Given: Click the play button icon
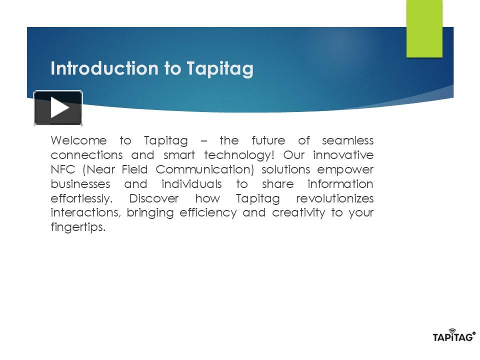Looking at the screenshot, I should tap(58, 108).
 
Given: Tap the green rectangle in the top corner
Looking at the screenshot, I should tap(424, 28).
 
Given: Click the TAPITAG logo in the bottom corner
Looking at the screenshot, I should tap(453, 336).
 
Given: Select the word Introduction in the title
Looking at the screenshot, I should tap(105, 68).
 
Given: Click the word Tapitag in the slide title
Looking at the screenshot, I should tap(220, 68).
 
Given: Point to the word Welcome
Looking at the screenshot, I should tap(78, 140).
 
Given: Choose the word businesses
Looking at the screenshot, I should tap(80, 184).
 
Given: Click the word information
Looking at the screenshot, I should tap(340, 184).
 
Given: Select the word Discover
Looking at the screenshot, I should tap(154, 198).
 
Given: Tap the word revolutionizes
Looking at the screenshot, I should tap(335, 198).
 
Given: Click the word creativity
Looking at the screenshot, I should tap(298, 213).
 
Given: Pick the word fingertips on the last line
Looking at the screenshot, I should tap(78, 227).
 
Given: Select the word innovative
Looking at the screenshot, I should tap(343, 155).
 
